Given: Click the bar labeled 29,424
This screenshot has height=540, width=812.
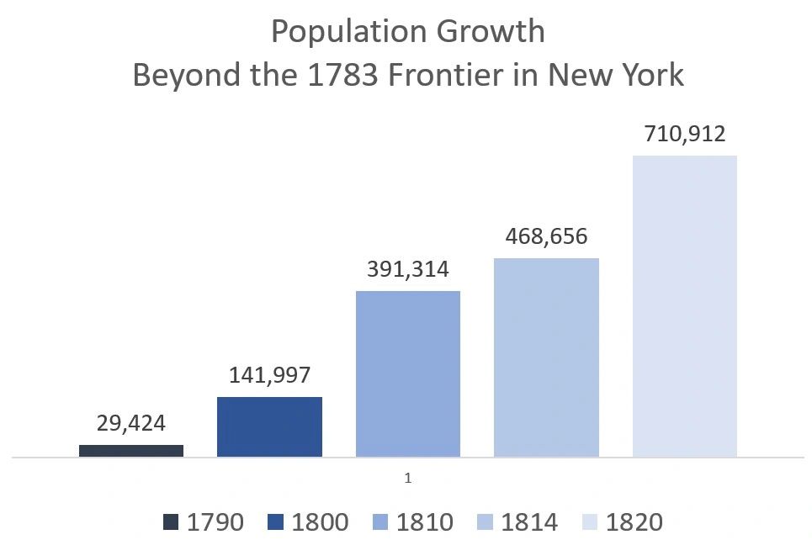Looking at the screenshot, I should coord(131,451).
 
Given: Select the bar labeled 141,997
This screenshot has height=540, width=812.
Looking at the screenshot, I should coord(269,426).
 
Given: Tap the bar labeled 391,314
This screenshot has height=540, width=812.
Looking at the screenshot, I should coord(408,373).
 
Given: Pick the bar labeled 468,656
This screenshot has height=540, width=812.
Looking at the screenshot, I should coord(546,357).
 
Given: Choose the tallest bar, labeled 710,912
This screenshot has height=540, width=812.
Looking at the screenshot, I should coord(684,306).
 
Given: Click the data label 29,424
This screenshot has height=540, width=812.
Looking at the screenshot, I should coord(131,424).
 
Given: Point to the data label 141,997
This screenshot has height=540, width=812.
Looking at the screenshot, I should coord(269,376).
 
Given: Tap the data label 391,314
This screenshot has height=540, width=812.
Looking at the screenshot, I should coord(408,269).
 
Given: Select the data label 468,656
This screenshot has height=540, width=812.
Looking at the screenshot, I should coord(546,236).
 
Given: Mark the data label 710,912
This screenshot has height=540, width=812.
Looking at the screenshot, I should coord(684,134).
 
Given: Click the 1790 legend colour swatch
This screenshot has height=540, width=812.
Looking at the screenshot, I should coord(172,522).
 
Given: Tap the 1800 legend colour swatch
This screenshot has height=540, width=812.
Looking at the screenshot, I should coord(276,522).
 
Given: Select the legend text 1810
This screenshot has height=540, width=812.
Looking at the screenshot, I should coord(424,522).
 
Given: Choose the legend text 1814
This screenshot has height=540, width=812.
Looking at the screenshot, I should coord(529,522).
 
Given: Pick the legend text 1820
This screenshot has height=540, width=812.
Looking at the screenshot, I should coord(634,522).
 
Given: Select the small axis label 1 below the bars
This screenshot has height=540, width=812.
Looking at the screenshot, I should coord(408,478).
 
